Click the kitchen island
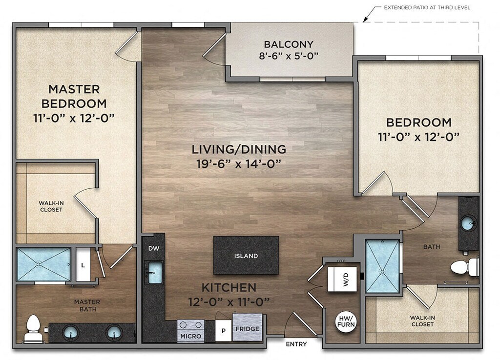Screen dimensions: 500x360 (246, 255)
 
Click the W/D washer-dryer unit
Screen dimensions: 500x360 (342, 280)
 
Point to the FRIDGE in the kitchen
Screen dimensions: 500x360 (247, 327)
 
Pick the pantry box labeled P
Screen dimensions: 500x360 (224, 331)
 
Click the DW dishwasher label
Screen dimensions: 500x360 (154, 248)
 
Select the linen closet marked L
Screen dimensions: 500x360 (83, 265)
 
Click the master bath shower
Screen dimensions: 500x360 (43, 264)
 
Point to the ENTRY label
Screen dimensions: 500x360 (296, 344)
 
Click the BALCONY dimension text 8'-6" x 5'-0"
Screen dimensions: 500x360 (289, 57)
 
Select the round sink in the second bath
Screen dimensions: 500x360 (469, 223)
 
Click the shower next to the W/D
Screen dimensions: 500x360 (382, 266)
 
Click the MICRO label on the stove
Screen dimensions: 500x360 (191, 336)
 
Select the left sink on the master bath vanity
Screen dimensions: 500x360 (70, 332)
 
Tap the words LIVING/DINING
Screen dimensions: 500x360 (239, 149)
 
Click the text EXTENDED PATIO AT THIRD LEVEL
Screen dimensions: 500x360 (427, 7)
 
